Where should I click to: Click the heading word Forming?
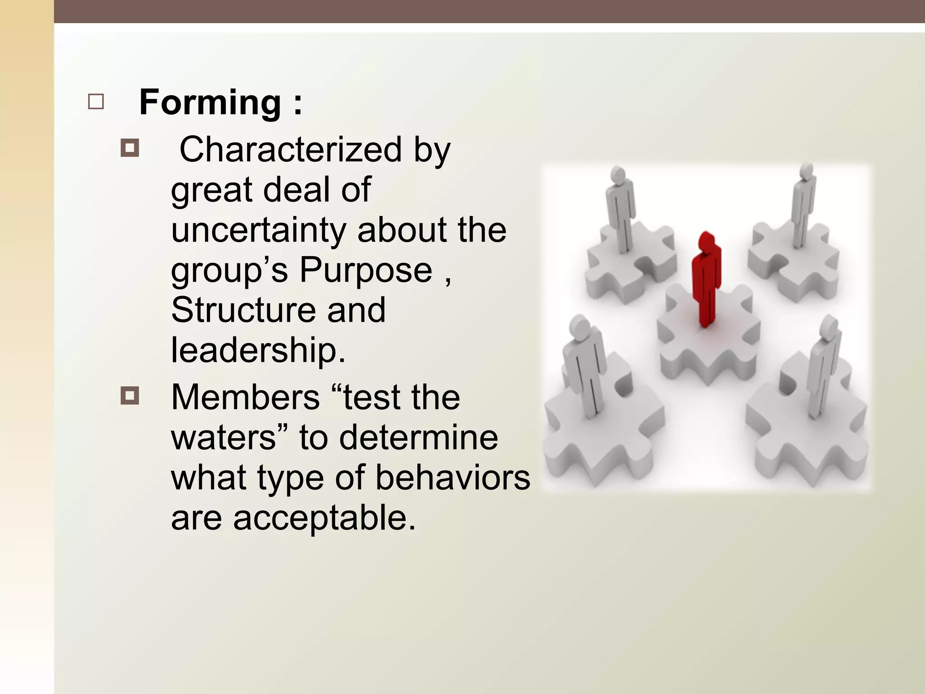210,103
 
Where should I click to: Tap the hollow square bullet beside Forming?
96,102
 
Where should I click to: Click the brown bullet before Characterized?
130,148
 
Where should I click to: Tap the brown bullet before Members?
130,396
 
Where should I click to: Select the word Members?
245,398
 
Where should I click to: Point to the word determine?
418,437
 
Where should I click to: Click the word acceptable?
324,517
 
